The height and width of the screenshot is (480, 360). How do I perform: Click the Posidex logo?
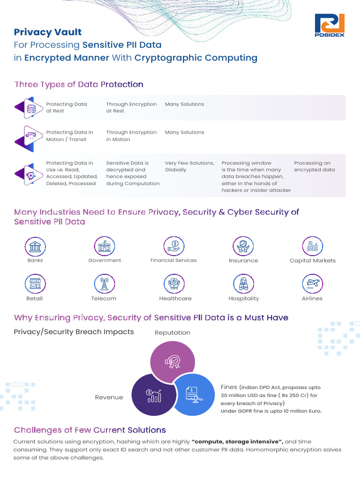pos(330,25)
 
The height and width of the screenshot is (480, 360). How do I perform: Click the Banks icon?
pos(35,247)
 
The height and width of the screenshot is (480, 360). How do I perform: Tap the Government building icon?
pos(105,247)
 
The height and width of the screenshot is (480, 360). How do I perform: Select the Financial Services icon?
pos(174,247)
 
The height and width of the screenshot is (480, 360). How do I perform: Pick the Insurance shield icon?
pos(243,247)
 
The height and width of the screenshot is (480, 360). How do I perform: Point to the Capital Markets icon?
pos(313,247)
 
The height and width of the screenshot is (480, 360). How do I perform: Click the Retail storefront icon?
pos(35,284)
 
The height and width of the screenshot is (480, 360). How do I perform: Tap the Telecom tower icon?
pos(105,284)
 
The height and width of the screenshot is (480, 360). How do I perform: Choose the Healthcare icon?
pos(174,284)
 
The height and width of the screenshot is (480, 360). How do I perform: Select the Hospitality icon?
pos(243,284)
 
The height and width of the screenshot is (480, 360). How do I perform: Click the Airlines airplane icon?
pos(313,284)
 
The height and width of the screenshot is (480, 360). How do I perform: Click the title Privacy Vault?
pos(48,32)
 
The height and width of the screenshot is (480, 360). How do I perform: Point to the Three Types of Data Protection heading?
pos(79,84)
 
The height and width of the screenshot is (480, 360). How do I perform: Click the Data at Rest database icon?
pos(31,109)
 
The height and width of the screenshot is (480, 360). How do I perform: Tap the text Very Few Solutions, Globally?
pos(189,166)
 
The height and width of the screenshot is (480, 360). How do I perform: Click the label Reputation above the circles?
pos(172,332)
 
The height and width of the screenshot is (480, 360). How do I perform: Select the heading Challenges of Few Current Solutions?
pos(90,430)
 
